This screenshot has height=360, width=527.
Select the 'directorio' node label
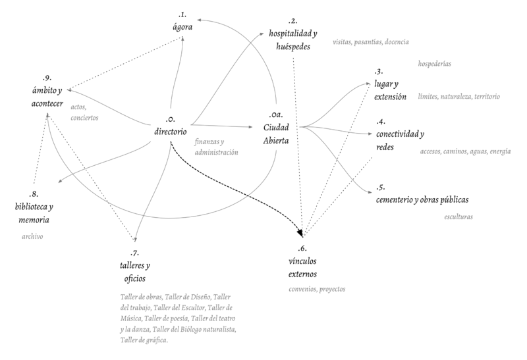[171, 133]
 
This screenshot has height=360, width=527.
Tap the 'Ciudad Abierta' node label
[276, 133]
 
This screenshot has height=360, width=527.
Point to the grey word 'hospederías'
[439, 64]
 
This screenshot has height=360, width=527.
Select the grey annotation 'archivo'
[32, 236]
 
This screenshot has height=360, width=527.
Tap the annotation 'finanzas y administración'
[216, 147]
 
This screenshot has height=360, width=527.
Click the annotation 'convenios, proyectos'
[317, 289]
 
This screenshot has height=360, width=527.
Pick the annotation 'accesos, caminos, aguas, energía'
[465, 152]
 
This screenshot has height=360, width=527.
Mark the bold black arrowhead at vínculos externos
[301, 232]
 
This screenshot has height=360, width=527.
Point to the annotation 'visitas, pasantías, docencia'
[372, 41]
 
